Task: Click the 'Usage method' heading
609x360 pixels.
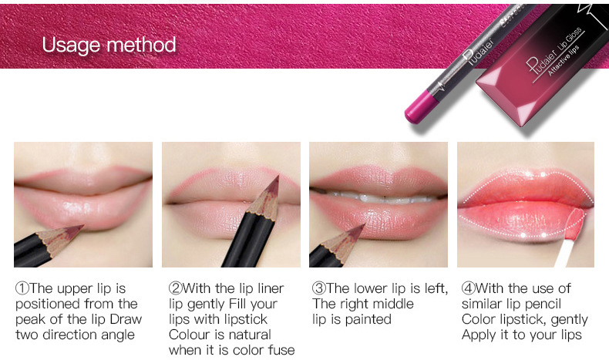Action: click(x=109, y=44)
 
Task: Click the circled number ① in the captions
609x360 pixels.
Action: click(x=22, y=288)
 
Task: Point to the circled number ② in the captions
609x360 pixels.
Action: click(x=176, y=288)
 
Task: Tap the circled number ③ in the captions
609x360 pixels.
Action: click(x=319, y=288)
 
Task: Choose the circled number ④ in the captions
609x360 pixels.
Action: click(x=469, y=288)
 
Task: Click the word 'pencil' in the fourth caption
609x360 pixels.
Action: click(x=542, y=304)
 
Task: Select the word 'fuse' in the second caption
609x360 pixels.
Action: click(x=281, y=350)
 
